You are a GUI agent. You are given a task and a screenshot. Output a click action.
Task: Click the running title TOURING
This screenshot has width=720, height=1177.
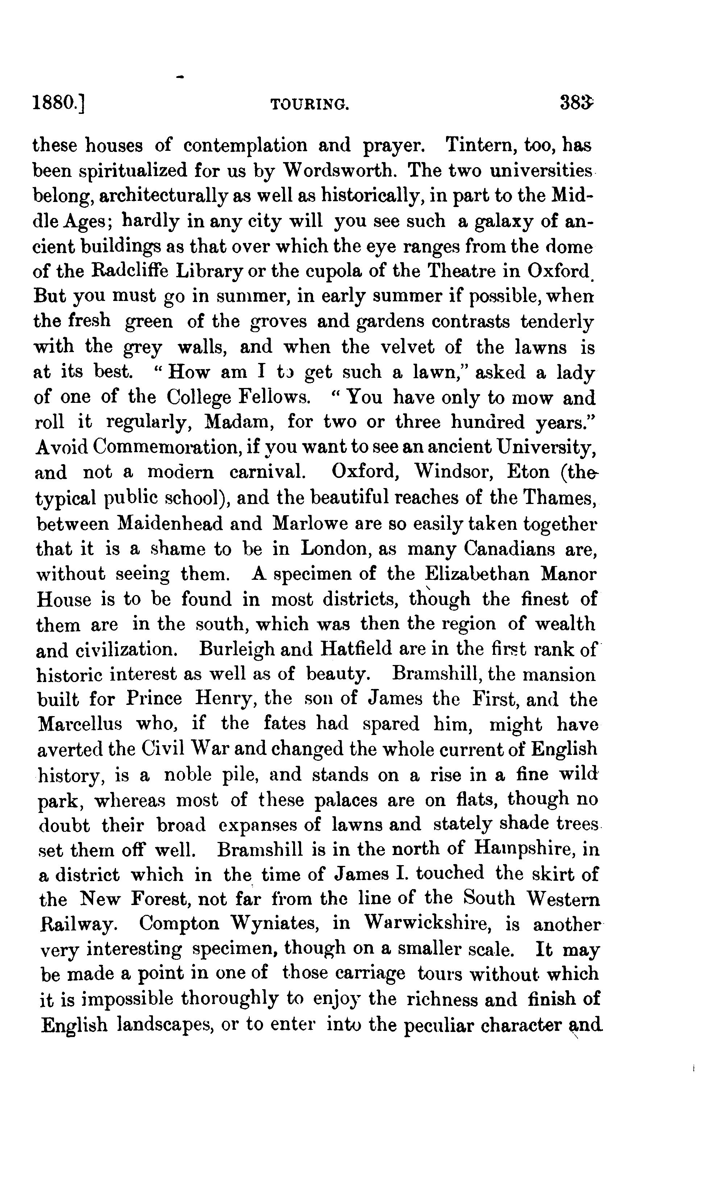point(309,104)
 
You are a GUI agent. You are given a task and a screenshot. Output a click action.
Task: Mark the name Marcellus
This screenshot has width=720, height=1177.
point(80,724)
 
